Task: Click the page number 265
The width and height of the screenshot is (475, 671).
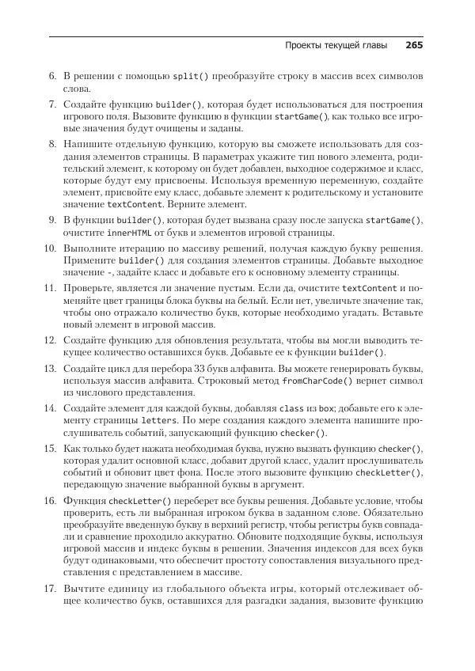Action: pos(414,46)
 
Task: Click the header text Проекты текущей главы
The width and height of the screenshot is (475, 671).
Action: pos(336,46)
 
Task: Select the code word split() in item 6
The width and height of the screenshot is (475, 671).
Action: pos(190,76)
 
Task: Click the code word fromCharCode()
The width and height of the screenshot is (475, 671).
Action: pos(317,380)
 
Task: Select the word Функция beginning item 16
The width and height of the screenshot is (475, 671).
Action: pos(85,501)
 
